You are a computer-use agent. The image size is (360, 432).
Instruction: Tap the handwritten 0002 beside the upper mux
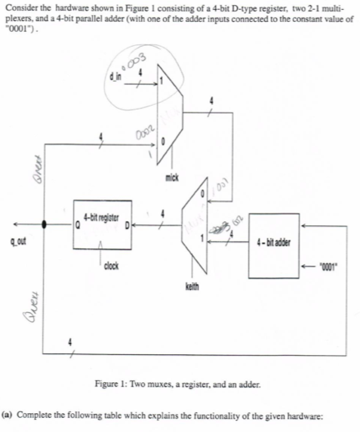[146, 131]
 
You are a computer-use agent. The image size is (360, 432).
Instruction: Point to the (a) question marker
[7, 415]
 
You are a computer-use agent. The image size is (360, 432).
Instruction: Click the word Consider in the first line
[20, 6]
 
